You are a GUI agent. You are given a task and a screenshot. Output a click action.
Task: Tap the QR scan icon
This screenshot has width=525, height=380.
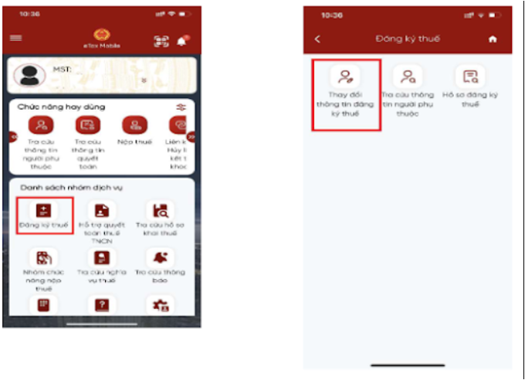pos(161,42)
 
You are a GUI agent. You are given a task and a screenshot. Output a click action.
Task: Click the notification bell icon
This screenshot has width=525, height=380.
pos(182,41)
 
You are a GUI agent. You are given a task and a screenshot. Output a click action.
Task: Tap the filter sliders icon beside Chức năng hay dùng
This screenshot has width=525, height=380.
pos(181,107)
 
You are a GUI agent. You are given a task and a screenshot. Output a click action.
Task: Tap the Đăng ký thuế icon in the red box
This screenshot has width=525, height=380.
pos(43,209)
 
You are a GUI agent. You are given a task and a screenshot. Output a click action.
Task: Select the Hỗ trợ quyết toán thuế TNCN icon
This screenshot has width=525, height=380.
pos(102,210)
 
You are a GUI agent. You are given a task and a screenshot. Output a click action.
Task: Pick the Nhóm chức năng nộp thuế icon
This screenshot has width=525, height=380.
pos(43,258)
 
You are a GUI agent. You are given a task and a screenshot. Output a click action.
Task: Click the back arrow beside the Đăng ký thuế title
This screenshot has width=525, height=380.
pos(317,39)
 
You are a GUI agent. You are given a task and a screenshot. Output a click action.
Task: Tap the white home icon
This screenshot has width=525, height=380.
pos(493,39)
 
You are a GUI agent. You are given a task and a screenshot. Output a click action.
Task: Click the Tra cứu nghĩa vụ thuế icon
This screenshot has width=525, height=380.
pos(102,258)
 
